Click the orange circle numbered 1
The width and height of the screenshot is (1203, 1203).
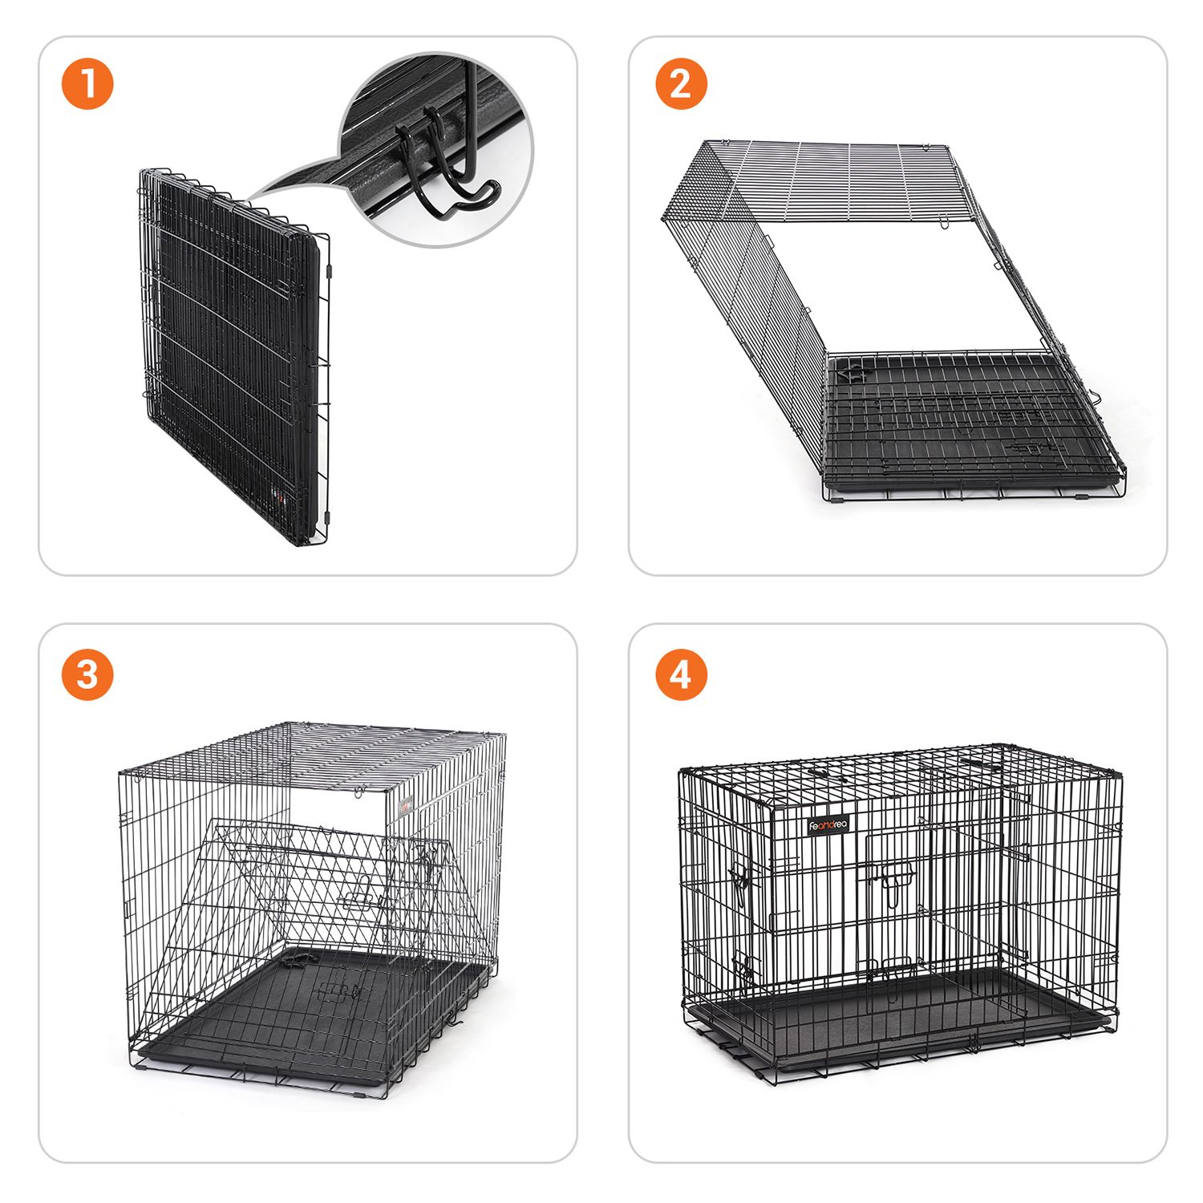pos(87,84)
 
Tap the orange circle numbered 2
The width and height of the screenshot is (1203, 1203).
pos(681,84)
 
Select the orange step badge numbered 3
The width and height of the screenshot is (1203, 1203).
pos(87,674)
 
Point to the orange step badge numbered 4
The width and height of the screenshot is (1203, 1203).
pos(681,674)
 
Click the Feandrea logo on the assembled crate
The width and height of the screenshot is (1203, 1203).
pos(827,824)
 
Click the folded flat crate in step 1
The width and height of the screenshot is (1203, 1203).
pos(234,357)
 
